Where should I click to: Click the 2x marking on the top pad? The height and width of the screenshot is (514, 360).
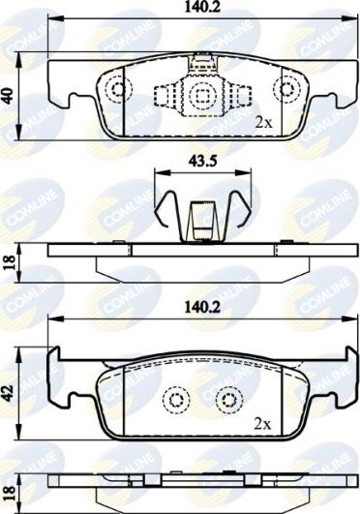[x=262, y=122]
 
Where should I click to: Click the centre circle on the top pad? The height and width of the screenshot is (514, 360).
[x=201, y=94]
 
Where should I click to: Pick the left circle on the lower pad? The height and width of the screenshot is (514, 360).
[x=175, y=399]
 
